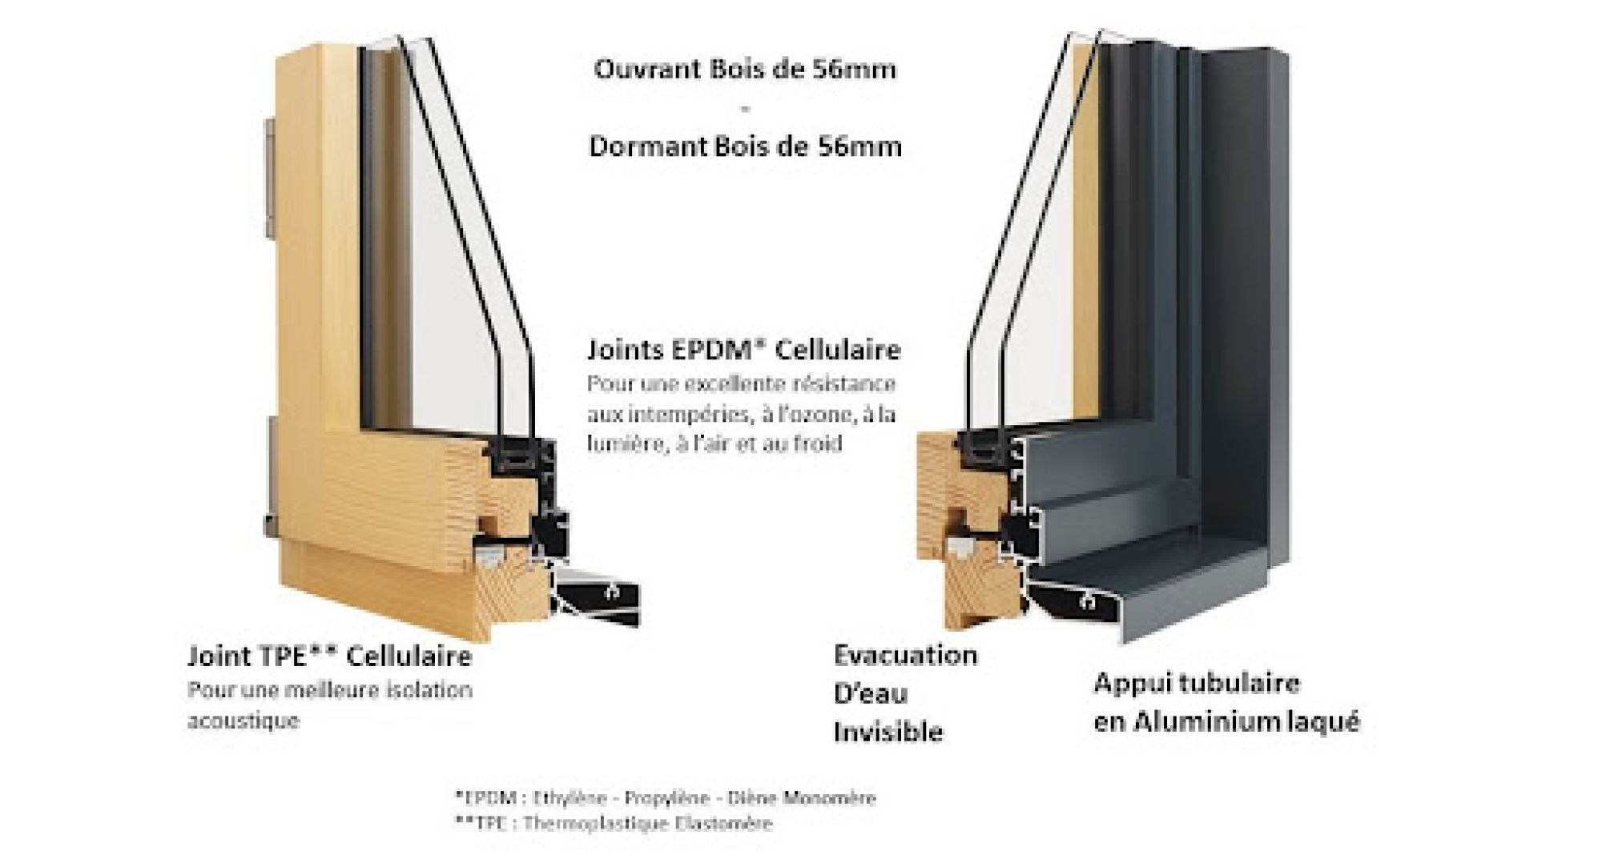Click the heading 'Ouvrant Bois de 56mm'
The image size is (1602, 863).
click(744, 70)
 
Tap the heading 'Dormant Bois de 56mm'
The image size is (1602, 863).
click(745, 147)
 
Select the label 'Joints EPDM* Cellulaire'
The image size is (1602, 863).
click(743, 350)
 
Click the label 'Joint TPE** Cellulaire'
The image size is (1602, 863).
click(329, 656)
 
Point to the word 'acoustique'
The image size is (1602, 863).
click(243, 721)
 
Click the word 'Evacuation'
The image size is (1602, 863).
click(905, 655)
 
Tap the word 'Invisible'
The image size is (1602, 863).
click(888, 732)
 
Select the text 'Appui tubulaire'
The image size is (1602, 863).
click(1197, 683)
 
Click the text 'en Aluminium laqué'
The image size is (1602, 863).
click(1226, 721)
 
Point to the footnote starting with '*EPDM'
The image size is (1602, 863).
click(665, 797)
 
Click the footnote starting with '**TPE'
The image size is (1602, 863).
click(614, 823)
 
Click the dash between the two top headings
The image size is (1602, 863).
click(745, 108)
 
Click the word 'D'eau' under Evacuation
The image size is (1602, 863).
click(870, 693)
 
